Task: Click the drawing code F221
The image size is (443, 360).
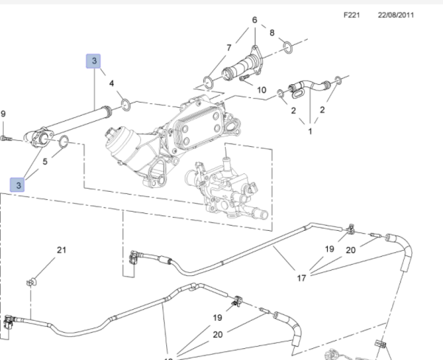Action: (x=351, y=15)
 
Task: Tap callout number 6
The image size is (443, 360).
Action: (x=255, y=20)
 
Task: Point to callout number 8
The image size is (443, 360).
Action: (x=272, y=33)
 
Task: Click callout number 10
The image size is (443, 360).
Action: (x=261, y=90)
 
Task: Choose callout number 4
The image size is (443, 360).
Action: (x=112, y=83)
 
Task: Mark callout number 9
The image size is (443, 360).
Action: (x=3, y=114)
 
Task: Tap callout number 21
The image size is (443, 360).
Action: (x=62, y=250)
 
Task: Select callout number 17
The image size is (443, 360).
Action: (x=301, y=278)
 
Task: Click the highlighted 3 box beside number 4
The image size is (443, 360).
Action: (x=95, y=60)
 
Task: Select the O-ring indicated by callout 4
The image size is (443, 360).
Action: (x=126, y=103)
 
